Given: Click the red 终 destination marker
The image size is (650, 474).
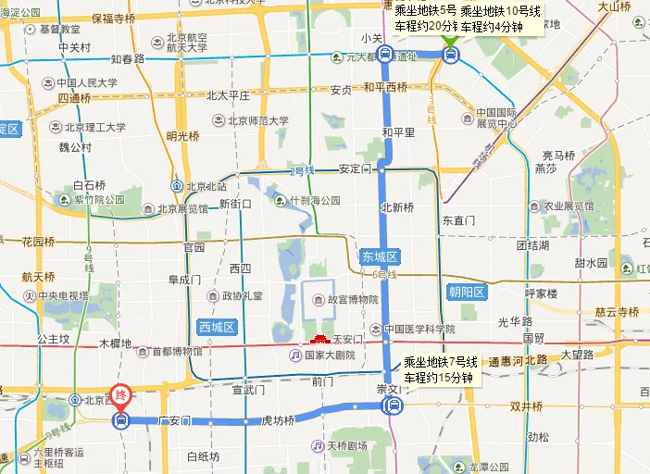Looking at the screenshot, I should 120,395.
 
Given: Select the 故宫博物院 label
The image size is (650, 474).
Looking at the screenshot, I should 346,299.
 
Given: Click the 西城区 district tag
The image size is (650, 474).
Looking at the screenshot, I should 219,327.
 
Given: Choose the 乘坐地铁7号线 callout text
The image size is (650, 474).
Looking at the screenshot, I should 441,361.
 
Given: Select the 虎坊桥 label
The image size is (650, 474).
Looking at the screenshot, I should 276,420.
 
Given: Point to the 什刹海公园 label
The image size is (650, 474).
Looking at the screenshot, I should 315,200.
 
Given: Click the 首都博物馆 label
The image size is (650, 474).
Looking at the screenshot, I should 169,351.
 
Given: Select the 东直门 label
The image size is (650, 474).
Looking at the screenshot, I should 458,220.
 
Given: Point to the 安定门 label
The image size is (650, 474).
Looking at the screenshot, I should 355,169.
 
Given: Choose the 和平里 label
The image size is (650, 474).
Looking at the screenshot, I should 398,131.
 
